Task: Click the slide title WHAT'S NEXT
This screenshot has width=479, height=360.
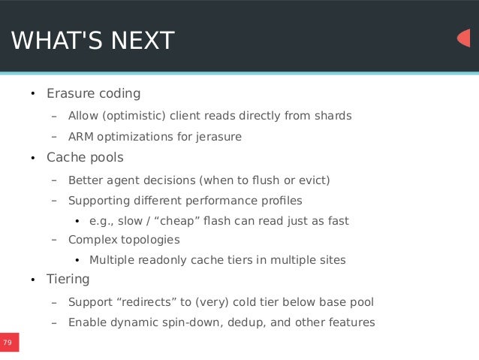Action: (92, 41)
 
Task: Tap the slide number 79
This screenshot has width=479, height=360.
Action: (8, 343)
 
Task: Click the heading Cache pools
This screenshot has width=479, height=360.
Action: (85, 158)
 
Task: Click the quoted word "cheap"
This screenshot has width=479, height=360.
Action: (176, 221)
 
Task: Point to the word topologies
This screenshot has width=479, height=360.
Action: (149, 240)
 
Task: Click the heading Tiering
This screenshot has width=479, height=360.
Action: (68, 280)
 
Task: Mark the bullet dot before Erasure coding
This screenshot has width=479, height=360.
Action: (32, 95)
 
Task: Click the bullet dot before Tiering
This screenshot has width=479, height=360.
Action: (32, 281)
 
